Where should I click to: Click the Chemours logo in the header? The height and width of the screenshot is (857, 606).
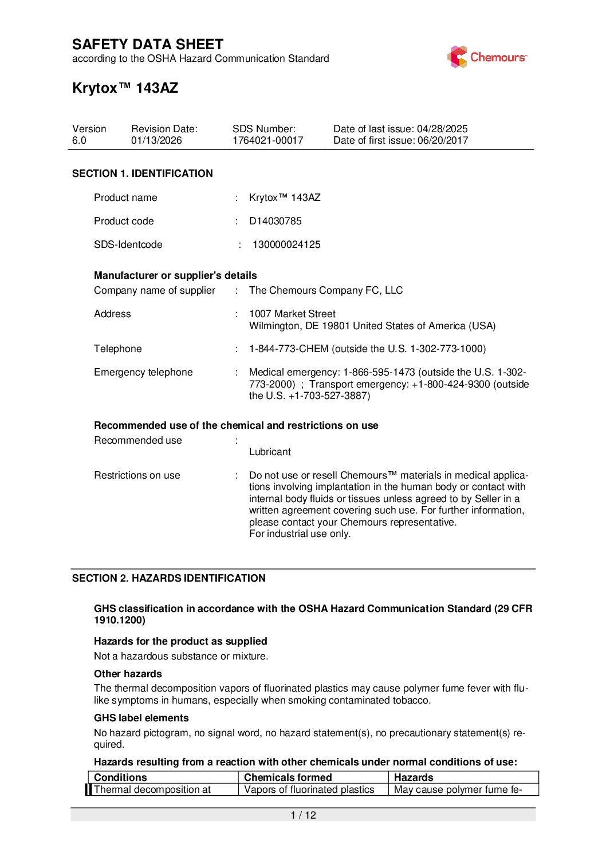[x=487, y=57]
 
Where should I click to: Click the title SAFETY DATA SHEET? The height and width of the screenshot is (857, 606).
[x=148, y=45]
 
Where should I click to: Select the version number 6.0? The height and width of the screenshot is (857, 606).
[x=79, y=141]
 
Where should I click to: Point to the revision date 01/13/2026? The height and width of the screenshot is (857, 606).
[x=156, y=141]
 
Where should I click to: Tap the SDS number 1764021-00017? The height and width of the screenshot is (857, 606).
[x=267, y=141]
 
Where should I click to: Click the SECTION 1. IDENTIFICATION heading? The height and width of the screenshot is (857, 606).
[x=142, y=173]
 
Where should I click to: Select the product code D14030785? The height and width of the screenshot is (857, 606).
[x=275, y=221]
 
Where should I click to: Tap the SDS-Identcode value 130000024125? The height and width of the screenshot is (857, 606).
[x=286, y=244]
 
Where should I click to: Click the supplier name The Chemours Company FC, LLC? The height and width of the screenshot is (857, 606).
[x=326, y=290]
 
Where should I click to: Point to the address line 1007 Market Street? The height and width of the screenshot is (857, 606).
[x=292, y=314]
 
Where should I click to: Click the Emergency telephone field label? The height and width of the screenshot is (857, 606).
[x=143, y=372]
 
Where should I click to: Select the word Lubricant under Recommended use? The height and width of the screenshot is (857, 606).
[x=270, y=452]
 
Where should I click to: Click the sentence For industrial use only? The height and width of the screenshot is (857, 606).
[x=300, y=534]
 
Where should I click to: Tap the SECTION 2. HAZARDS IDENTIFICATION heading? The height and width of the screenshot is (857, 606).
[x=168, y=578]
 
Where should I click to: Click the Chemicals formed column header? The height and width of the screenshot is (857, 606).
[x=288, y=777]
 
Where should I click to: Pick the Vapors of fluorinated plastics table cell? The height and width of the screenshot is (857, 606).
[x=309, y=789]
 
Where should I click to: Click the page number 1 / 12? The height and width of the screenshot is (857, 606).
[x=303, y=815]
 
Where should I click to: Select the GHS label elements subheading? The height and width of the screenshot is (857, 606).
[x=141, y=718]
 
